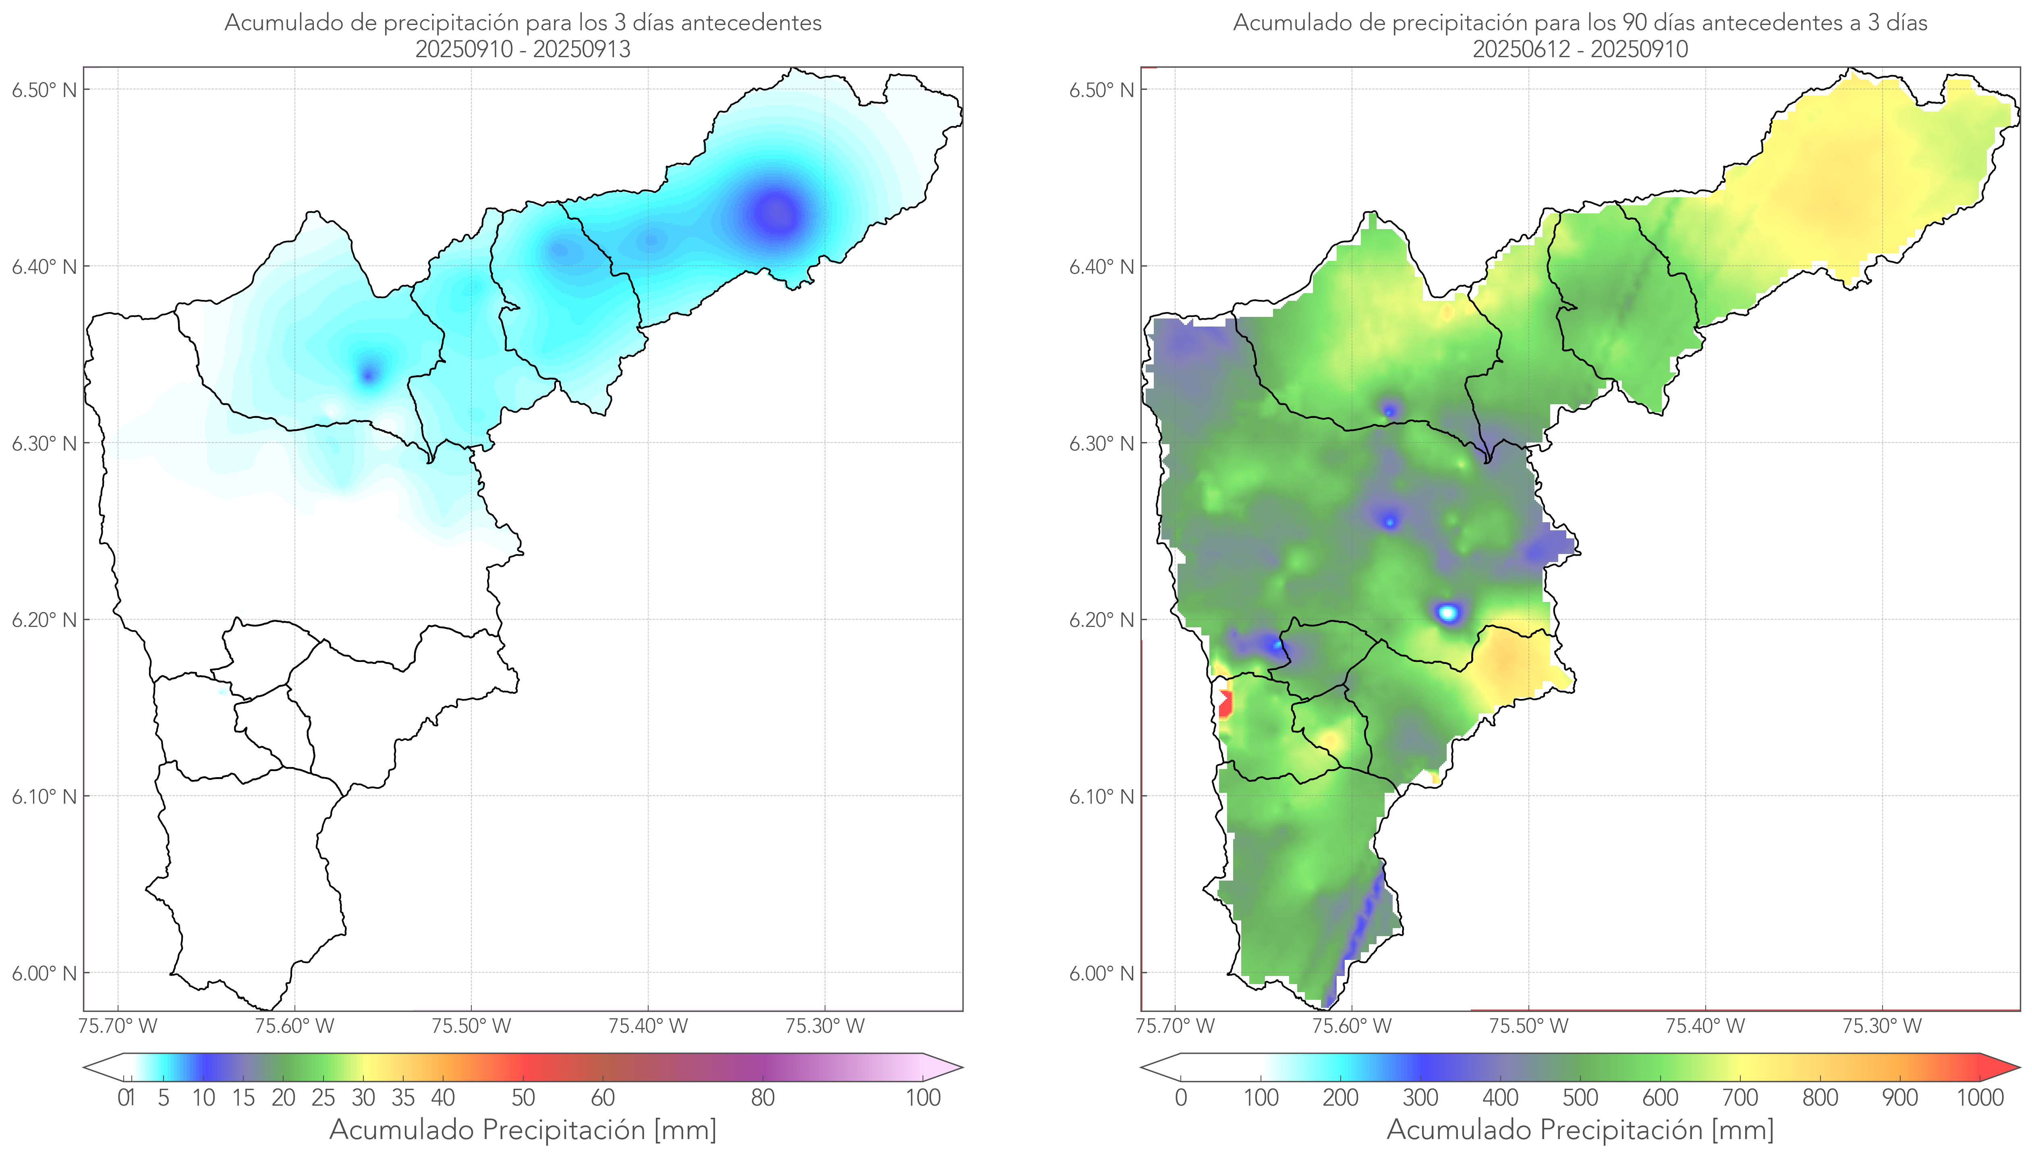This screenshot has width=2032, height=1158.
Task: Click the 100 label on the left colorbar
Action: pos(923,1098)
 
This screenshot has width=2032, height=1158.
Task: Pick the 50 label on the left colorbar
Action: pos(523,1098)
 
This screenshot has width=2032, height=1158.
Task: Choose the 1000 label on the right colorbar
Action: pos(1980,1098)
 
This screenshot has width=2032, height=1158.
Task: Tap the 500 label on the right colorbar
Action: pos(1580,1098)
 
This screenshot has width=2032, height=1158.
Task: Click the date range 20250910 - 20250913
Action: pos(523,49)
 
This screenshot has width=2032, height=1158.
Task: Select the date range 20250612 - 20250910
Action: pos(1580,49)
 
